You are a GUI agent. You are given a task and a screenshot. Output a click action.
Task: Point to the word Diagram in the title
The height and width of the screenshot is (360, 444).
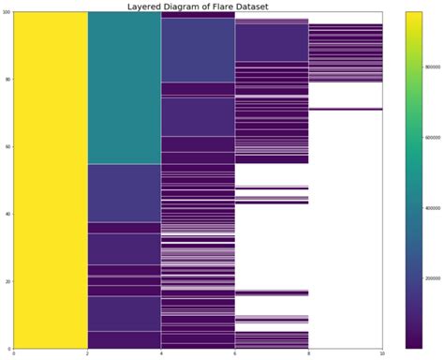tap(186, 6)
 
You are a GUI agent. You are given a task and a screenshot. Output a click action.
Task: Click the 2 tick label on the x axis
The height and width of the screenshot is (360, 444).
tap(87, 353)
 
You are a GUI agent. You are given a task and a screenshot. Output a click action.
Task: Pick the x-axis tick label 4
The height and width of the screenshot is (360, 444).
tap(161, 353)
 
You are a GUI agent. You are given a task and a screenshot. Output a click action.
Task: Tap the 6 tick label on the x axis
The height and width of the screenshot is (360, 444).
tap(234, 353)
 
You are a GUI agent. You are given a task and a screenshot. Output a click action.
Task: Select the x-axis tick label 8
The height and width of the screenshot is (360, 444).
tap(308, 353)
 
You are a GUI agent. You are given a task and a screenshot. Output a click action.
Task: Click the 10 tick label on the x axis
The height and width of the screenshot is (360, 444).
tap(382, 353)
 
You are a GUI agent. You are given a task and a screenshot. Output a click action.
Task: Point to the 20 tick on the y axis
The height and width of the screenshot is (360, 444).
tap(7, 280)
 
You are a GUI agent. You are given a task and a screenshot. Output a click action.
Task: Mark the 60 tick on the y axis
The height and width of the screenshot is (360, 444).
tap(7, 146)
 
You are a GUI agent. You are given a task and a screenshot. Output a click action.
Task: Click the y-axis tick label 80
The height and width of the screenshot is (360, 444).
tap(7, 79)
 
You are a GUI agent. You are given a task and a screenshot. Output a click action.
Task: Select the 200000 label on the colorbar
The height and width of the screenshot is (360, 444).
tap(432, 278)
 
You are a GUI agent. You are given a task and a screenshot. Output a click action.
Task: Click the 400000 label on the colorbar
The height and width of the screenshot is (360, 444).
tap(432, 208)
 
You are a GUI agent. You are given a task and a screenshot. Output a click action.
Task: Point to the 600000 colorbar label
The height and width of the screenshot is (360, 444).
tap(432, 138)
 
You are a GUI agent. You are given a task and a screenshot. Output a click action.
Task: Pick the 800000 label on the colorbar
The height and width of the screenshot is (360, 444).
tap(432, 67)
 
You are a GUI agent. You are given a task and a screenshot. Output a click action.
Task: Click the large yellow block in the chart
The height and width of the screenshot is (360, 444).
tap(51, 178)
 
